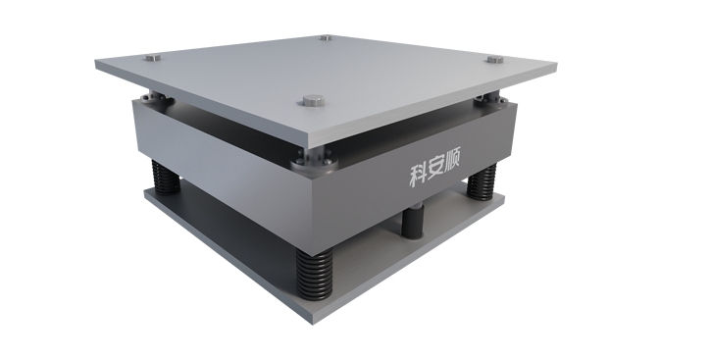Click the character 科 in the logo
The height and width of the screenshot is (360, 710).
click(419, 175)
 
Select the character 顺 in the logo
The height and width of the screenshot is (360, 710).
click(452, 160)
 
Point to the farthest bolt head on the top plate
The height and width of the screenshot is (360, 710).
click(326, 37)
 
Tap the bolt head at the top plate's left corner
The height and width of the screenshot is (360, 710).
click(153, 58)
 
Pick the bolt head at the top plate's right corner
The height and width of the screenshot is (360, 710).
click(495, 59)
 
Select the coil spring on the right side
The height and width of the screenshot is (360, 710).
click(482, 181)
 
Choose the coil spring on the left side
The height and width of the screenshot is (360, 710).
click(166, 177)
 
